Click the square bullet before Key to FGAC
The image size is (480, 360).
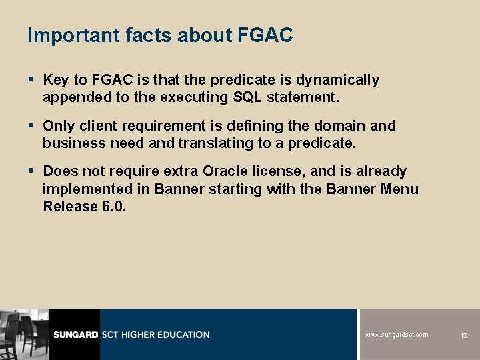[32, 80]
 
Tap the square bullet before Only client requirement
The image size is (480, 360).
[32, 125]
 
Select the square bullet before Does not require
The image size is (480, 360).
[32, 171]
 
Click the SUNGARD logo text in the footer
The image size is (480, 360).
[75, 335]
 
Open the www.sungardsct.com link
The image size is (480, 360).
[396, 335]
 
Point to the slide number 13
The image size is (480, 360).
[463, 335]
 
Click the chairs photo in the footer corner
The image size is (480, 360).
[24, 335]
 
